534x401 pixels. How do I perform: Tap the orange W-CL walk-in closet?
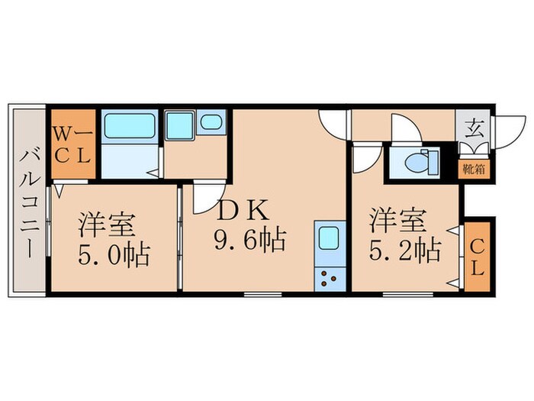(72, 143)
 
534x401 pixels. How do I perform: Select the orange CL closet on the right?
(474, 258)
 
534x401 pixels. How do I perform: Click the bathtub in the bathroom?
(130, 126)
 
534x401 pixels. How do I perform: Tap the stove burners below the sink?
(330, 278)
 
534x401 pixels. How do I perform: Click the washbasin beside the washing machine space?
(209, 123)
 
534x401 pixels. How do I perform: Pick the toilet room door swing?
(402, 127)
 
